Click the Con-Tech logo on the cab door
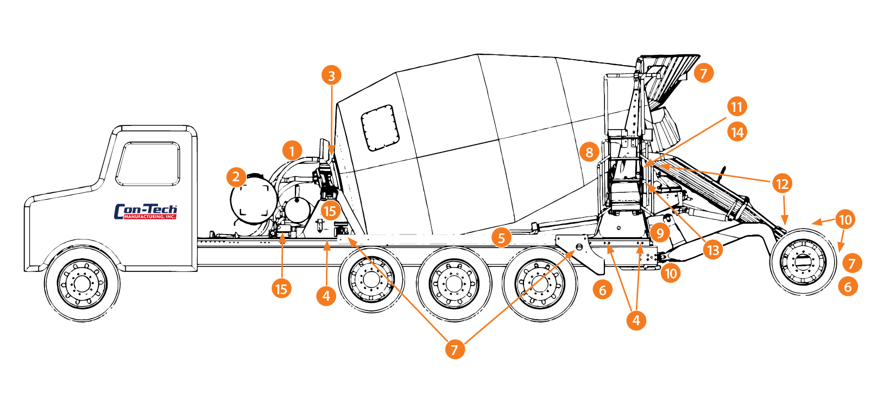pos(146,212)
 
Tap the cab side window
pos(148,164)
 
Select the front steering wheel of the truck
pos(83,283)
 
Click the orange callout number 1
pos(292,151)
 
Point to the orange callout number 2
pos(236,177)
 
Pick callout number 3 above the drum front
pos(331,75)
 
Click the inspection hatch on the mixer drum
pos(380,128)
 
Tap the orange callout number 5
pos(502,237)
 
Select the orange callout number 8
pos(589,152)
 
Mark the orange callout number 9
pos(660,233)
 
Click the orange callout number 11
pos(737,107)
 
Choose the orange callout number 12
pos(782,183)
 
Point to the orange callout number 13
pos(713,250)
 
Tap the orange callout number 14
pos(737,132)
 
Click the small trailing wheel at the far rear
pos(803,262)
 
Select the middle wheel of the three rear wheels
pos(454,283)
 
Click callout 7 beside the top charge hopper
pos(704,73)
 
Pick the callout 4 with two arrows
pos(636,320)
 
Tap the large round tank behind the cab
pos(253,199)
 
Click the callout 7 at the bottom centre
pos(455,350)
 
